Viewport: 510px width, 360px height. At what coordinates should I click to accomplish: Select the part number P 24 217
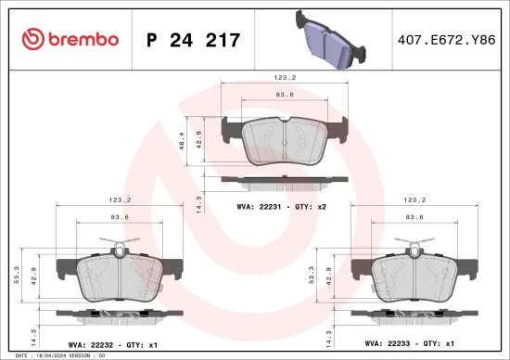(193, 39)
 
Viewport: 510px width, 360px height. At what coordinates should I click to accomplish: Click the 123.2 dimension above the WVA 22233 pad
(414, 199)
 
